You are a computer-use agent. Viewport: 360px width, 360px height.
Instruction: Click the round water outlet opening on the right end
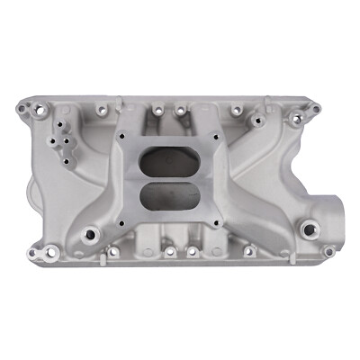click(x=330, y=208)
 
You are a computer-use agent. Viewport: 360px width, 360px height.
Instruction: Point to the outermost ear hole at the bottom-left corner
click(x=32, y=253)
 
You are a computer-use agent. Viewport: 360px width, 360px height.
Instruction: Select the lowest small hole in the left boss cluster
click(x=67, y=162)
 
